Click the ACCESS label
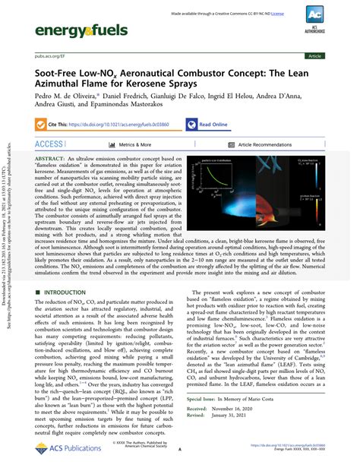(49, 144)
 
